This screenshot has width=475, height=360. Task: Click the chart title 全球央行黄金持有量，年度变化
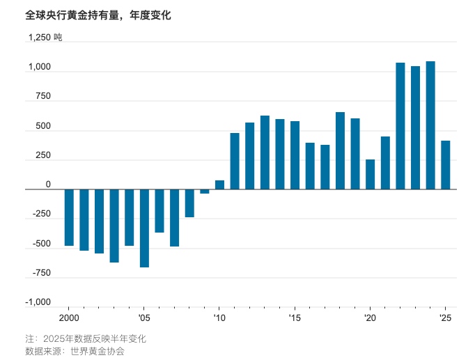click(x=98, y=15)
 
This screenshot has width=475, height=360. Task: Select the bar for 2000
click(x=69, y=217)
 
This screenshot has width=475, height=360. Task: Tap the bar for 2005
click(x=144, y=228)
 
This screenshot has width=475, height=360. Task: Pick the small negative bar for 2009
click(x=205, y=191)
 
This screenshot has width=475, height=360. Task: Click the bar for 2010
click(x=219, y=185)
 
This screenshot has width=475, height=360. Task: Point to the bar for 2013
click(x=265, y=152)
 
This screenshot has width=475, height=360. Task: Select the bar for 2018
click(x=340, y=150)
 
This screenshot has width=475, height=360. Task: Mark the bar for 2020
click(x=370, y=174)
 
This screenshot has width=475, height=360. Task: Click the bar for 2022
click(x=400, y=126)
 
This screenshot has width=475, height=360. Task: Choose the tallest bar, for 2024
click(x=430, y=125)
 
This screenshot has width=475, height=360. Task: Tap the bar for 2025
click(x=446, y=165)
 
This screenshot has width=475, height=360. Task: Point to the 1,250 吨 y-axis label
click(x=45, y=38)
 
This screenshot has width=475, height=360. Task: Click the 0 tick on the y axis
click(x=48, y=185)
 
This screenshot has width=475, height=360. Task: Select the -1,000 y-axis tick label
click(x=38, y=302)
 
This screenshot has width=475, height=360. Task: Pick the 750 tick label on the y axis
click(x=42, y=97)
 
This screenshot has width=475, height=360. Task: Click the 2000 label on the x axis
click(x=68, y=318)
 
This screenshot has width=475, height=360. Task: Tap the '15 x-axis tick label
click(x=294, y=318)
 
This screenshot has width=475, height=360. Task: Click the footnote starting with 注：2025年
click(x=86, y=338)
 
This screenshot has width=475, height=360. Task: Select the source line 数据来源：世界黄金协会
click(x=79, y=351)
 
